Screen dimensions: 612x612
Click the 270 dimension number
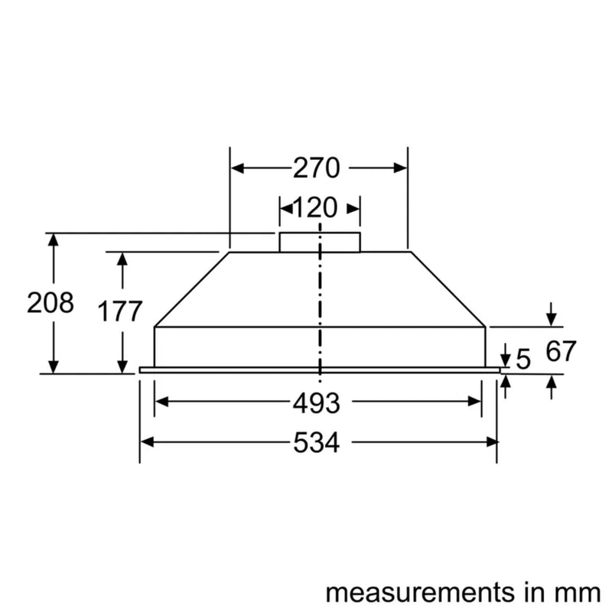pyautogui.click(x=316, y=168)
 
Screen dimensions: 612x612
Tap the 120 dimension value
pyautogui.click(x=316, y=207)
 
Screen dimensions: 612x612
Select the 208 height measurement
pyautogui.click(x=50, y=303)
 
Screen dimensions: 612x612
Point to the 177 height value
pyautogui.click(x=120, y=311)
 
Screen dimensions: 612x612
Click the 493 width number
pyautogui.click(x=316, y=402)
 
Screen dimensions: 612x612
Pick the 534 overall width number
pyautogui.click(x=316, y=442)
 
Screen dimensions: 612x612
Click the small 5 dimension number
pyautogui.click(x=522, y=360)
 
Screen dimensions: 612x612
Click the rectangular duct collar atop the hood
pyautogui.click(x=319, y=242)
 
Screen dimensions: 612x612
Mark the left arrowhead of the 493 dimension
pyautogui.click(x=161, y=402)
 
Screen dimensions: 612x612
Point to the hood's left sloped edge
pyautogui.click(x=191, y=289)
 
